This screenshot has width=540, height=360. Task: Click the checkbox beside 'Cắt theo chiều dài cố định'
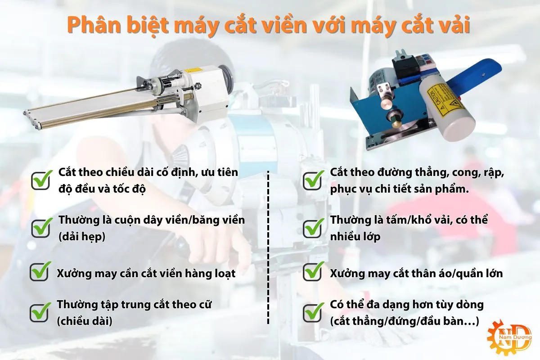(41, 180)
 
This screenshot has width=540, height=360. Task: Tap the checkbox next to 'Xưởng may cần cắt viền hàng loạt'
(40, 272)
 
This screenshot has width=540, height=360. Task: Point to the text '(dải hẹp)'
(81, 236)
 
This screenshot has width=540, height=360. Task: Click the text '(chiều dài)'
(84, 321)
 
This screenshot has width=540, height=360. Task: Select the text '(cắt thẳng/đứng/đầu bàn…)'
(404, 321)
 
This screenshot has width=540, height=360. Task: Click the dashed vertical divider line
(269, 247)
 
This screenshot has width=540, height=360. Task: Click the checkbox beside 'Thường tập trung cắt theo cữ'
(40, 311)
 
